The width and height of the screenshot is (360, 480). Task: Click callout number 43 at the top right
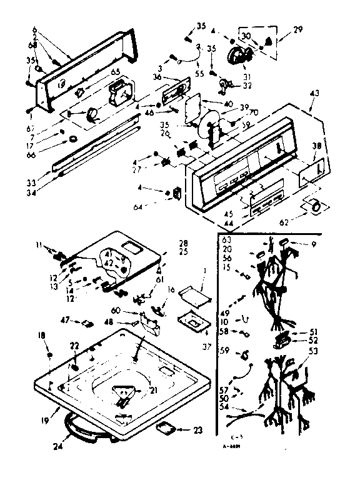(313, 94)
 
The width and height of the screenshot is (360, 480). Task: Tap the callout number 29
(299, 28)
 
